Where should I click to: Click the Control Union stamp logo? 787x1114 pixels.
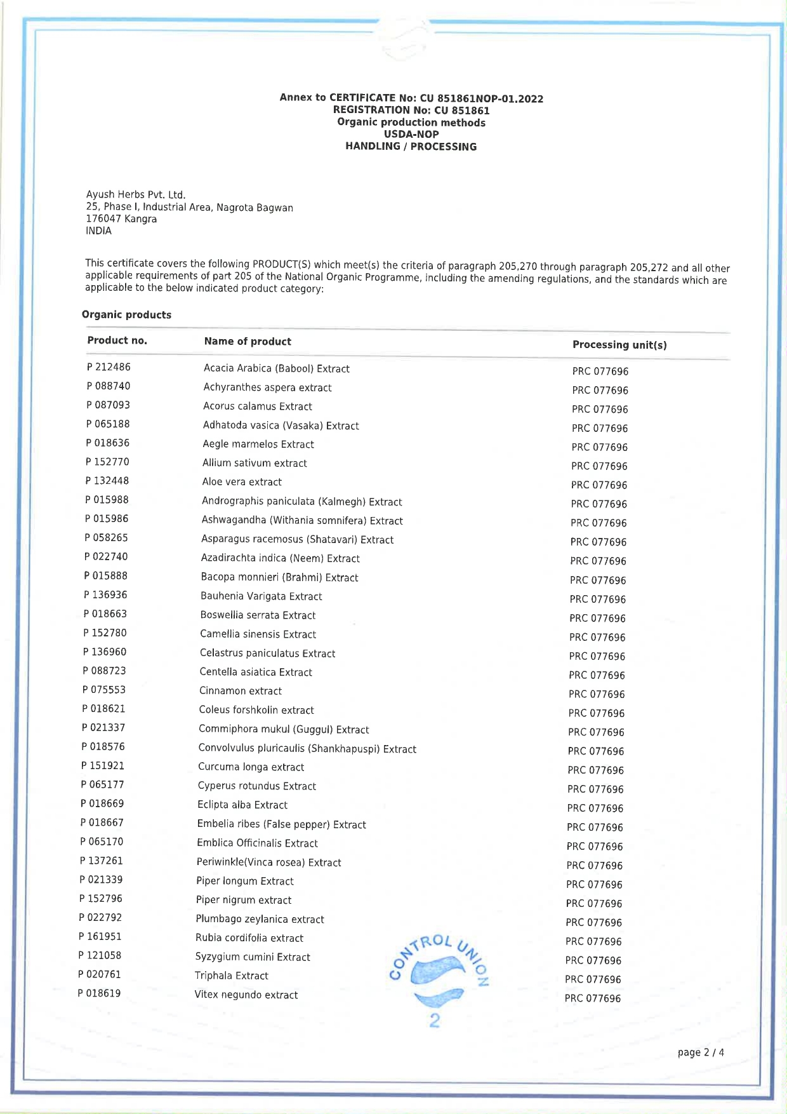point(437,978)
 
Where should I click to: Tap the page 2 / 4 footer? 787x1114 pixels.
point(701,1052)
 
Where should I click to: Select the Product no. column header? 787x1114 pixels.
point(117,340)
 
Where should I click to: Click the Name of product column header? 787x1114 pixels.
point(248,342)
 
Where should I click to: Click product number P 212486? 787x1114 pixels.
point(109,367)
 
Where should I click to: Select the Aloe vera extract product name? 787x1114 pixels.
point(242,482)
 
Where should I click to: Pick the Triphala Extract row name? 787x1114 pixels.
point(232,976)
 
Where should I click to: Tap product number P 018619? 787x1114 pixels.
point(99,993)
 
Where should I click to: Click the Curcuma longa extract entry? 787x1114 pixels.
point(251,767)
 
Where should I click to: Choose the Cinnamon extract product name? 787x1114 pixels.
point(241,691)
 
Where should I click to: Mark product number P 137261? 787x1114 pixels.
point(102,861)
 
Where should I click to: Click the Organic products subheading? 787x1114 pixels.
point(126,315)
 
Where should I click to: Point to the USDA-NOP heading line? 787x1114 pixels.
point(411,134)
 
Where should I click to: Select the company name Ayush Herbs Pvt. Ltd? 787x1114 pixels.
point(136,194)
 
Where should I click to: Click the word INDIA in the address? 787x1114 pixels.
point(98,231)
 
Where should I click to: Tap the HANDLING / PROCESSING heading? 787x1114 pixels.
point(411,147)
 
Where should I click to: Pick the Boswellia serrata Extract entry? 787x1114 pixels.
point(258,615)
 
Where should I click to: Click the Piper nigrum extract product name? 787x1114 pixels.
point(244,900)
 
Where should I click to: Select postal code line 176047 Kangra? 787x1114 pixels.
point(121,218)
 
